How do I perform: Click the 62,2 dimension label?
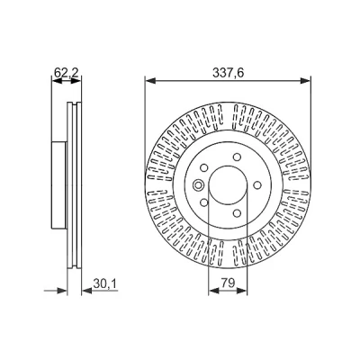point(66,73)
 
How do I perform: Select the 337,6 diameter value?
point(228,73)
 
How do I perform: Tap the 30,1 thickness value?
point(104,283)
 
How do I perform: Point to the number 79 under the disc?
point(228,283)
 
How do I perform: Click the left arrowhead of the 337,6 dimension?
point(150,80)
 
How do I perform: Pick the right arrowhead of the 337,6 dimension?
point(305,80)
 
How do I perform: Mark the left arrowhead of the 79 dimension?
point(213,291)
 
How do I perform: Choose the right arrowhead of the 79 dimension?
point(242,291)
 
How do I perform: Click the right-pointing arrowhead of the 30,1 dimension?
point(62,291)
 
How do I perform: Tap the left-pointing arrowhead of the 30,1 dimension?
point(87,291)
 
